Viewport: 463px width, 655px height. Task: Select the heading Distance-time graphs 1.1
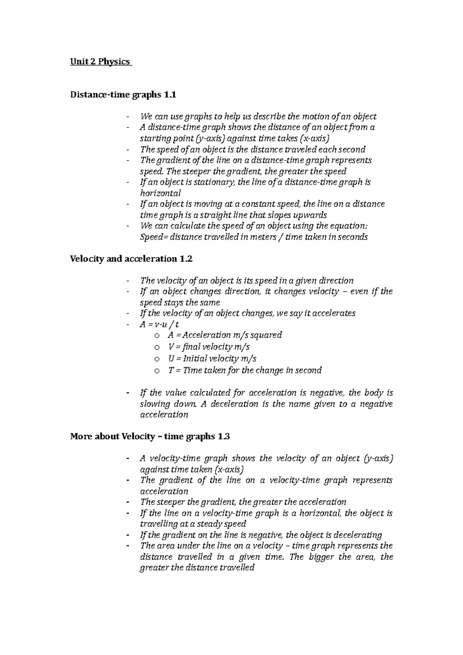coord(123,95)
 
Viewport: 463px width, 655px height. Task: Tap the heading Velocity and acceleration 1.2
coord(131,259)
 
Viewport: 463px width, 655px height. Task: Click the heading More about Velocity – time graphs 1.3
coord(150,437)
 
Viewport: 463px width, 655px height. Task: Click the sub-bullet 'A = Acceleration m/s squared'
coord(225,335)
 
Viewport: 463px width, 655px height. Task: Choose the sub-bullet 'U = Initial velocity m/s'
coord(212,358)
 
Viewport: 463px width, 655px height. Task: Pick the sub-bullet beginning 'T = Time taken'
coord(245,370)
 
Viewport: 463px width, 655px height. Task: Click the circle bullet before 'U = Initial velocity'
coord(156,359)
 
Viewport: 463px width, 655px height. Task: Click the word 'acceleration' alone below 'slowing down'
coord(164,415)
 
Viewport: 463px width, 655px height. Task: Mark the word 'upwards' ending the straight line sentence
coord(311,215)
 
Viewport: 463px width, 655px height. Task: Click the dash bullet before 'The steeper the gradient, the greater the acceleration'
coord(128,502)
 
